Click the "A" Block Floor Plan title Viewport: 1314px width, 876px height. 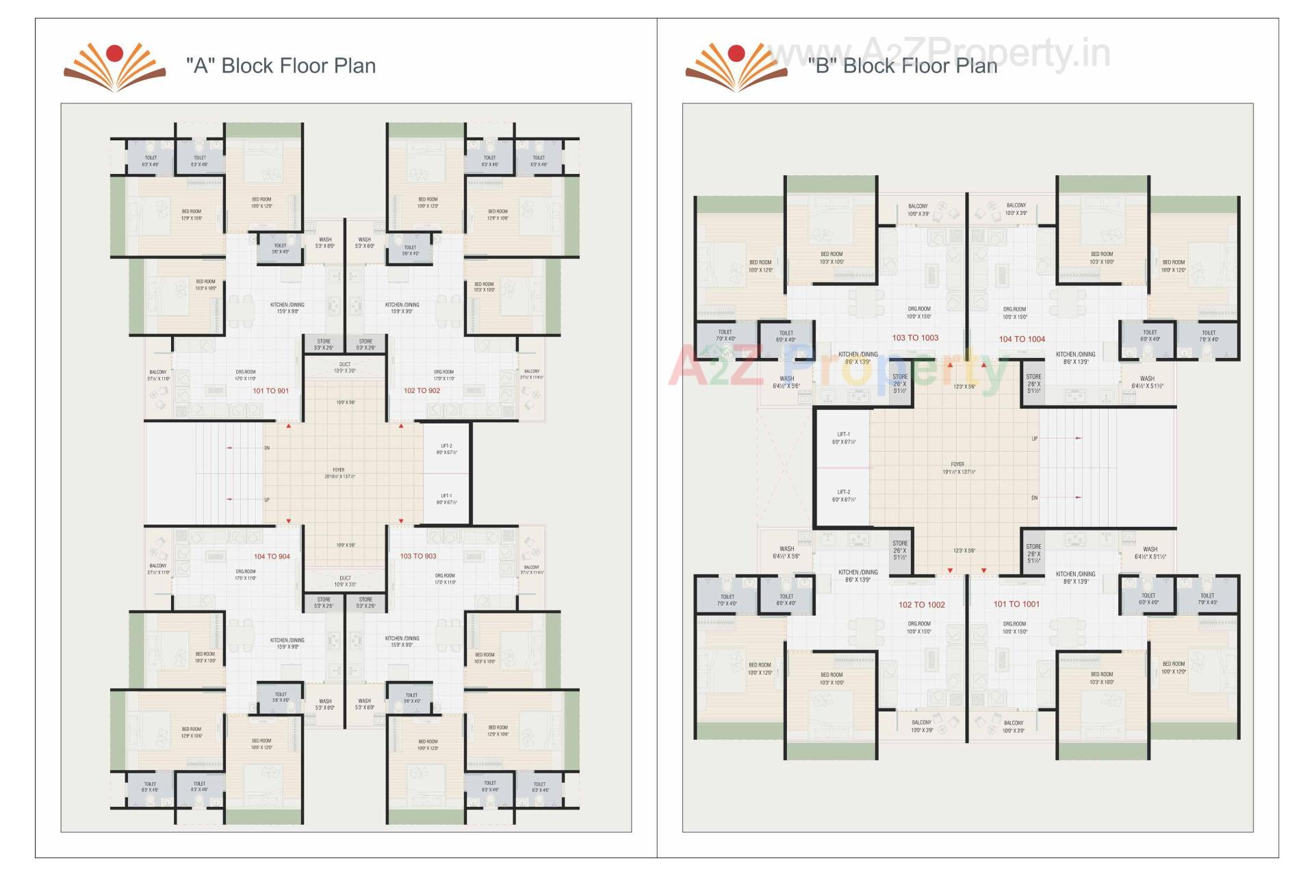(281, 66)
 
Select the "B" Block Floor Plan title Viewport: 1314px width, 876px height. (902, 66)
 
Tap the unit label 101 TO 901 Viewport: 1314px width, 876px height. (270, 391)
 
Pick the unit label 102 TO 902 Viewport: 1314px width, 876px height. (422, 390)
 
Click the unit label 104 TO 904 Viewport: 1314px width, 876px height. (272, 556)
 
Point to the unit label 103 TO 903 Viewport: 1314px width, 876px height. (417, 556)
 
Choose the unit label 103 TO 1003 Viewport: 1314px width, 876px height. (915, 337)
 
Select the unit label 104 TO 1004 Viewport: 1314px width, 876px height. (1022, 339)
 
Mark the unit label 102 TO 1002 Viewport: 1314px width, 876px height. (921, 605)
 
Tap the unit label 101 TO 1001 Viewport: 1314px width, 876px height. (1016, 604)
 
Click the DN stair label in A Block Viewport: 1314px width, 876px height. (267, 448)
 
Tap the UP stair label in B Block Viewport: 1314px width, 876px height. (1034, 439)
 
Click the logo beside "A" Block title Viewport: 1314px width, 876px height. (114, 66)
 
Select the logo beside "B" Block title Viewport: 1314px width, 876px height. (736, 66)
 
